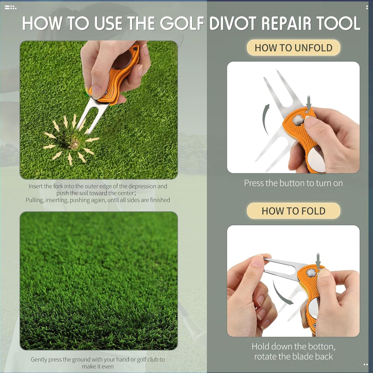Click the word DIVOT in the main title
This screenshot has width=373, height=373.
click(233, 23)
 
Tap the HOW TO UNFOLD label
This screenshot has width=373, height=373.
click(293, 48)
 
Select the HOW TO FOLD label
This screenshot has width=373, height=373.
click(293, 211)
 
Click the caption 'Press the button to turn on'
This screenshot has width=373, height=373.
click(293, 183)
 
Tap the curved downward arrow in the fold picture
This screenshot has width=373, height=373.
click(281, 293)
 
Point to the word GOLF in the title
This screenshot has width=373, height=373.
click(182, 23)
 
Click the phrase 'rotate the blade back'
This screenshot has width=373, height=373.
click(293, 356)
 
